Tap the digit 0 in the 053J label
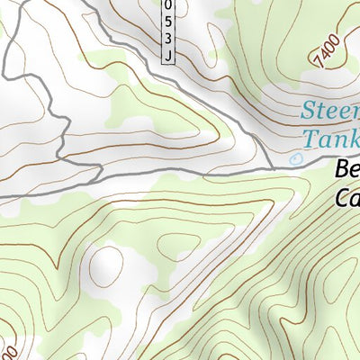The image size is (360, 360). tap(168, 4)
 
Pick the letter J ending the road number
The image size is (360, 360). tap(168, 55)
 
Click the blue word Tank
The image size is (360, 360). tap(331, 139)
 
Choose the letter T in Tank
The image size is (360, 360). tap(310, 139)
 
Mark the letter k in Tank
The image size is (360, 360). tap(355, 139)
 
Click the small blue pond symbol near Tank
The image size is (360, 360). tap(298, 158)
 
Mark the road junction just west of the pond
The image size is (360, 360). tap(273, 166)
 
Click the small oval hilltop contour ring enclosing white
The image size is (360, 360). tap(107, 265)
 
